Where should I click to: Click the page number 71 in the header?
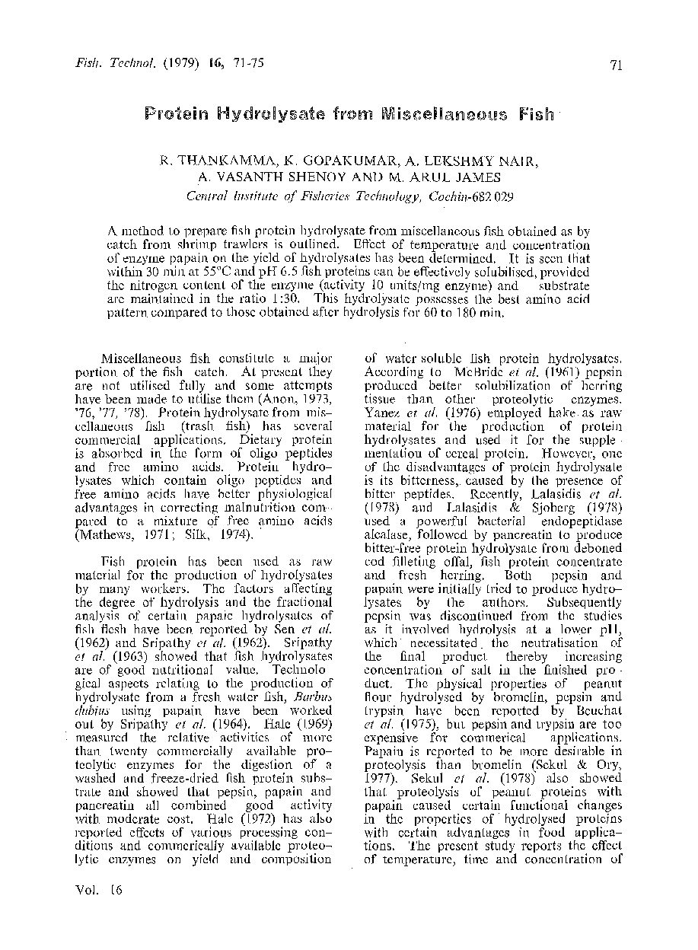tap(617, 65)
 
